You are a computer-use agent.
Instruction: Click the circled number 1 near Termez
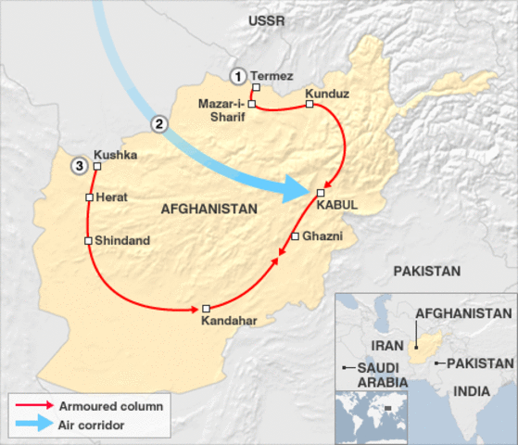tap(239, 76)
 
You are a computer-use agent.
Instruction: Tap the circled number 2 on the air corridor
tap(160, 123)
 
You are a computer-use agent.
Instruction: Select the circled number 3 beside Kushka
tap(81, 167)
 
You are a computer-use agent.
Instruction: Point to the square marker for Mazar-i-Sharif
tap(251, 105)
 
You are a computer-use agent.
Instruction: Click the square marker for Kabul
tap(321, 192)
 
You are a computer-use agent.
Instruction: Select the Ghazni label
tap(322, 236)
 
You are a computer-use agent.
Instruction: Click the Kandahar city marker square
tap(207, 308)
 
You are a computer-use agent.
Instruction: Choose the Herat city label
tap(111, 197)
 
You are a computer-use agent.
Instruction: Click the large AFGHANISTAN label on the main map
tap(208, 210)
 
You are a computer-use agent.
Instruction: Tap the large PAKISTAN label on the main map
tap(426, 272)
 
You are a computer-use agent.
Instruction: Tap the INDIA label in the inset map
tap(471, 392)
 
